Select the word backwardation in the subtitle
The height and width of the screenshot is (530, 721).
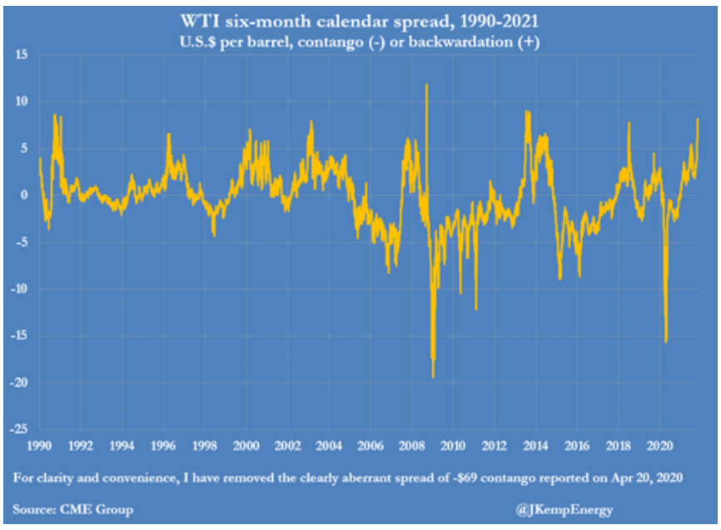[460, 42]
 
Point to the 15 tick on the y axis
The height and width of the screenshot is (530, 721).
[22, 55]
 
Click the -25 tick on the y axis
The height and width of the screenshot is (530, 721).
[19, 428]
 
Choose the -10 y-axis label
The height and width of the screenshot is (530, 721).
[19, 289]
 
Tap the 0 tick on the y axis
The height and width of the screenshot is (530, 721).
[24, 195]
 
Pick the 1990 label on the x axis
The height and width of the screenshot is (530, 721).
[39, 446]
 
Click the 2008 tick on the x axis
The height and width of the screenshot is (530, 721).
[411, 446]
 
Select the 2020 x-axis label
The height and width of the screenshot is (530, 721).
[660, 446]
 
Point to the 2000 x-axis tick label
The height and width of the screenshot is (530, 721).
[246, 446]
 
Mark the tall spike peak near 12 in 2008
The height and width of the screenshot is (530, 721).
[427, 85]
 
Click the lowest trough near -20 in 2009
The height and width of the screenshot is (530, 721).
[433, 377]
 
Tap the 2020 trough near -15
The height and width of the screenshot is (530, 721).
[666, 341]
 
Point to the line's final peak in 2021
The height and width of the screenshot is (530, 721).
[698, 119]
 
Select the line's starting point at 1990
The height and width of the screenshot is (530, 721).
[40, 159]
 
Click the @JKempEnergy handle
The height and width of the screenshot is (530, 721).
[564, 509]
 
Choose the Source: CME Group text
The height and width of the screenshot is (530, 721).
[73, 509]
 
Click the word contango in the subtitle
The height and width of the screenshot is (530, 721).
[331, 42]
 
